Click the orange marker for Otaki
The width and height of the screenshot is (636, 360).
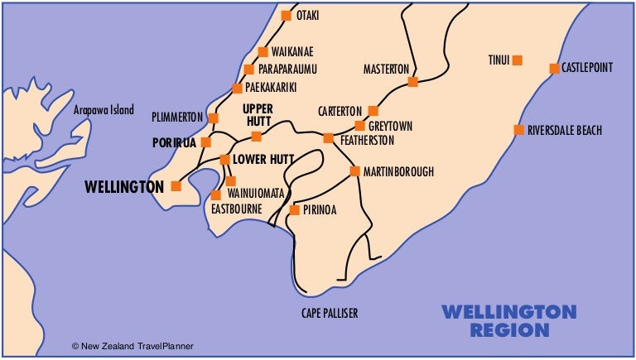click(287, 16)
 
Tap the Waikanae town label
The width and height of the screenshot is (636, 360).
click(292, 51)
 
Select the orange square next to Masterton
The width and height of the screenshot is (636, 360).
click(412, 81)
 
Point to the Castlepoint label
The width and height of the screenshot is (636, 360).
click(587, 68)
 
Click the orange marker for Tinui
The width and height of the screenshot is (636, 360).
click(518, 60)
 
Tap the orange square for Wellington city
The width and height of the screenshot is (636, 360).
click(176, 186)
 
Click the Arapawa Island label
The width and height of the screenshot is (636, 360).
click(104, 110)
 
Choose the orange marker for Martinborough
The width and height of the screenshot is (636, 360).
click(354, 171)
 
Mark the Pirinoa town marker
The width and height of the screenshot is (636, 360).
click(294, 209)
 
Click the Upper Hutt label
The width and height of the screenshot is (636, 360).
click(257, 115)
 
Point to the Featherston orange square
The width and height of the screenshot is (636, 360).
click(328, 138)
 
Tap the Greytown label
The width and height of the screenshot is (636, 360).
click(391, 127)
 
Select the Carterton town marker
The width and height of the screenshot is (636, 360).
click(373, 110)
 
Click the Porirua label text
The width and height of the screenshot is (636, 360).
click(174, 142)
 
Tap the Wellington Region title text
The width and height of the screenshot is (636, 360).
click(508, 320)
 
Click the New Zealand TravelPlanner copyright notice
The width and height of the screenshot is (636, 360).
click(132, 346)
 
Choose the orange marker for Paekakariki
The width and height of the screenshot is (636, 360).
click(237, 88)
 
